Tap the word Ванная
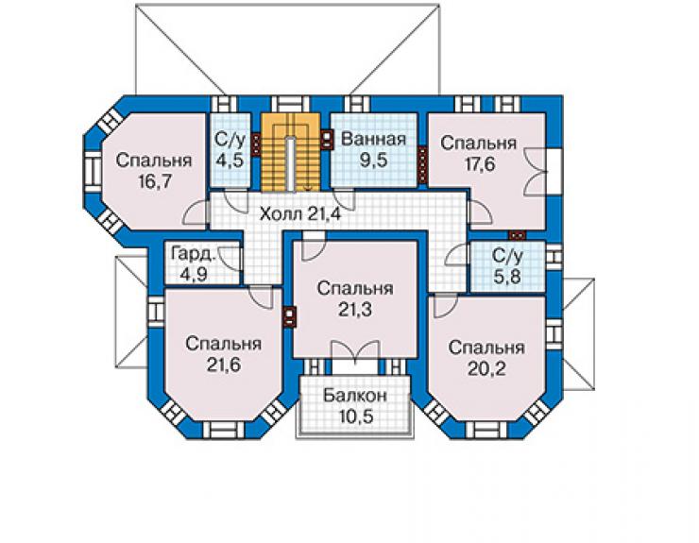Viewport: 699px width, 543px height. click(373, 139)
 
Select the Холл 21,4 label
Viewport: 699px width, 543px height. click(300, 214)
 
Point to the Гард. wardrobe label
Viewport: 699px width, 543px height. click(194, 254)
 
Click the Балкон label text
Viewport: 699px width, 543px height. click(355, 396)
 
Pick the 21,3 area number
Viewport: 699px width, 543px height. click(355, 309)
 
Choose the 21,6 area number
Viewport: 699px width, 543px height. click(223, 365)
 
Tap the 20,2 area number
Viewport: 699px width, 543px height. click(486, 368)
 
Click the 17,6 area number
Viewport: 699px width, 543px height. click(480, 164)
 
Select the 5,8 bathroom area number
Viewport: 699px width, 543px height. click(507, 277)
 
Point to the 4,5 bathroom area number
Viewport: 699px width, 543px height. click(230, 160)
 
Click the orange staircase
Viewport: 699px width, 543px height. click(291, 152)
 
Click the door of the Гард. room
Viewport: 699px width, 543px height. click(230, 257)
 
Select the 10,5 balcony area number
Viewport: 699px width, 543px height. click(355, 416)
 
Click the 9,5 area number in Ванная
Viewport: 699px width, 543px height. click(373, 160)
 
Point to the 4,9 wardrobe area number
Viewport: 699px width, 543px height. click(194, 275)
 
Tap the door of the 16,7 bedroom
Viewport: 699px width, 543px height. click(196, 212)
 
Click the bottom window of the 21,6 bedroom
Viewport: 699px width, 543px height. click(224, 429)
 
